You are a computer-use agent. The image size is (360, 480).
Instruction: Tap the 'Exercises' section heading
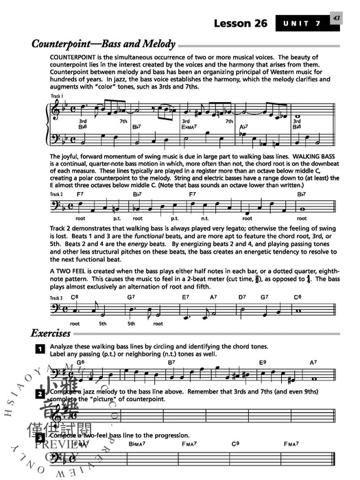click(x=50, y=334)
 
